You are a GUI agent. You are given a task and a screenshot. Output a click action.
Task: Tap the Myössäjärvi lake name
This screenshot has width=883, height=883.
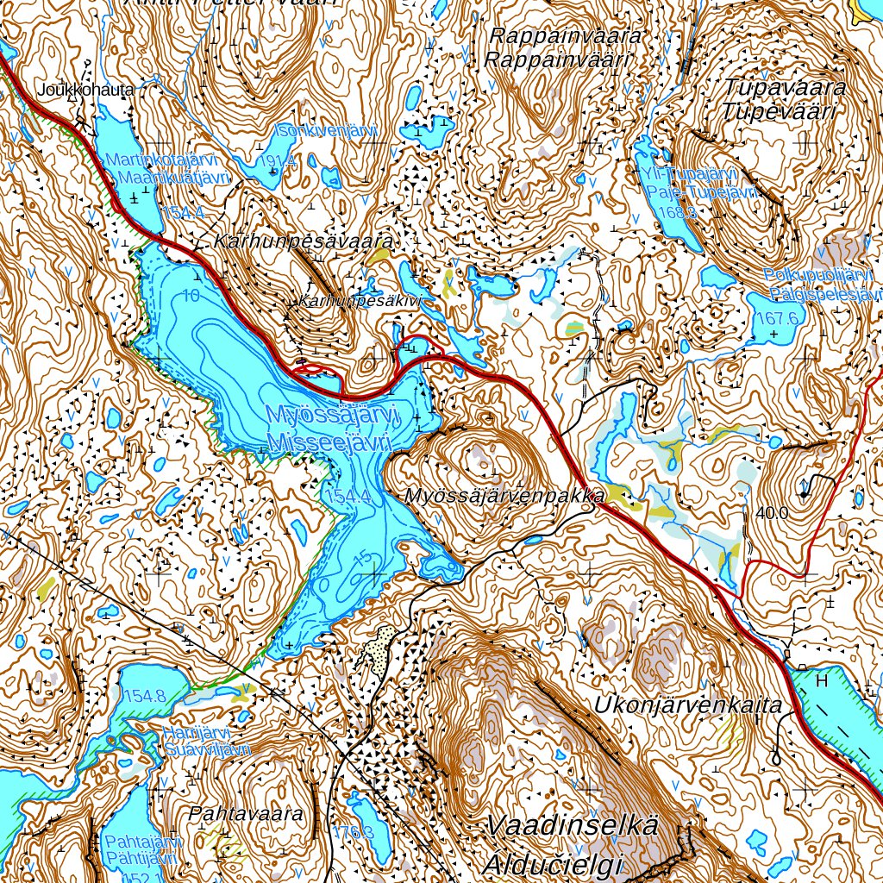[x=333, y=415]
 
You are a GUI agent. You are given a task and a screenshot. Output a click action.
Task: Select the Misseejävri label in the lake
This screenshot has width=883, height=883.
[x=329, y=442]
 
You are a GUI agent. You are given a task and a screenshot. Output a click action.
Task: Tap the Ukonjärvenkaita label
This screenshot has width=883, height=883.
[x=687, y=705]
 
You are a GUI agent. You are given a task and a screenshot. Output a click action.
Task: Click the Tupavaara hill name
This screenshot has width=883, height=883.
[x=785, y=87]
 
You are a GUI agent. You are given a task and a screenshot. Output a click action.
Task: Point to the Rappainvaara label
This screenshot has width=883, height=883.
[x=565, y=36]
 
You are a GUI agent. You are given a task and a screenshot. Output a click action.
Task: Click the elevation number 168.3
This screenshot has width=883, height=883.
[x=675, y=212]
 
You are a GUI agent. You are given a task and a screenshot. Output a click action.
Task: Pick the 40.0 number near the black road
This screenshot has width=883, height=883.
[x=771, y=512]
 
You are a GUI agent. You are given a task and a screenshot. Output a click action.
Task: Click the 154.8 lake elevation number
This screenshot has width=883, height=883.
[x=144, y=696]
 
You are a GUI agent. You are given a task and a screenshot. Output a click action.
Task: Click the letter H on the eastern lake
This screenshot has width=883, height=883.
[x=821, y=680]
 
